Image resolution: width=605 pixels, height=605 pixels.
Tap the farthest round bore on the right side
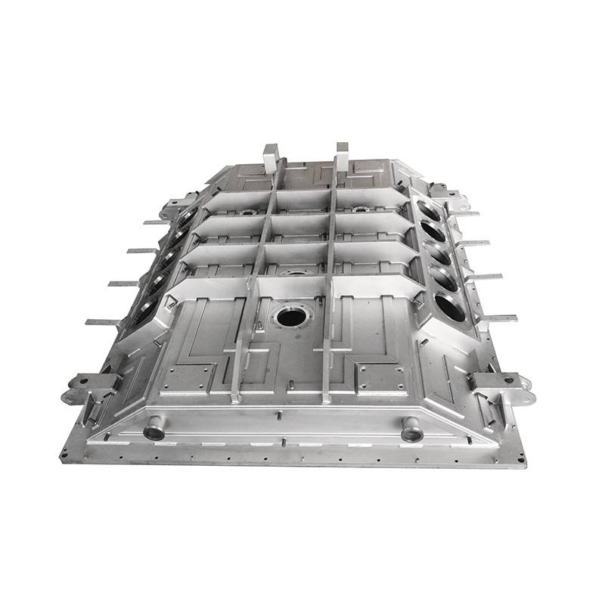pos(427,210)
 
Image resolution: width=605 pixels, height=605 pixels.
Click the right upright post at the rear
pos(342,154)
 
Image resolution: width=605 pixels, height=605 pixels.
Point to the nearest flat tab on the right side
pos(499,318)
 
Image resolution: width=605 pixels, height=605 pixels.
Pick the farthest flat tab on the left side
pos(154,222)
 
